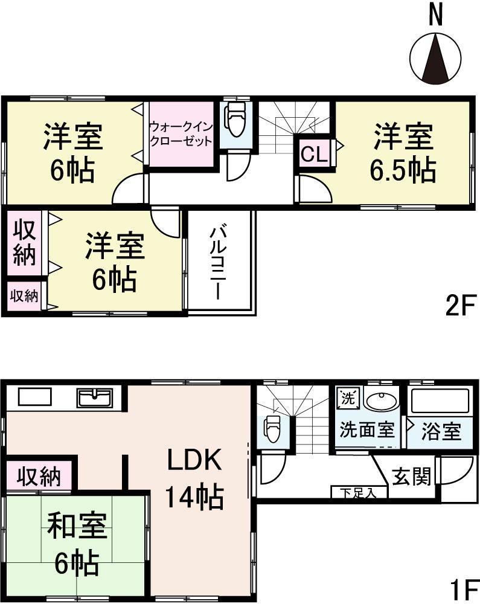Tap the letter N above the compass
coord(435,15)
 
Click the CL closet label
coord(314,155)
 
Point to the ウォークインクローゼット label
coord(181,134)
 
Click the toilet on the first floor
coord(272,428)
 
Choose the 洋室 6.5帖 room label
coord(403,153)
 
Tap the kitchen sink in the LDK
coord(94,398)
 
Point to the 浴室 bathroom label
coord(441,431)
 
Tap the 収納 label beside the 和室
coord(38,477)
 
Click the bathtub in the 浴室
coord(439,402)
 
